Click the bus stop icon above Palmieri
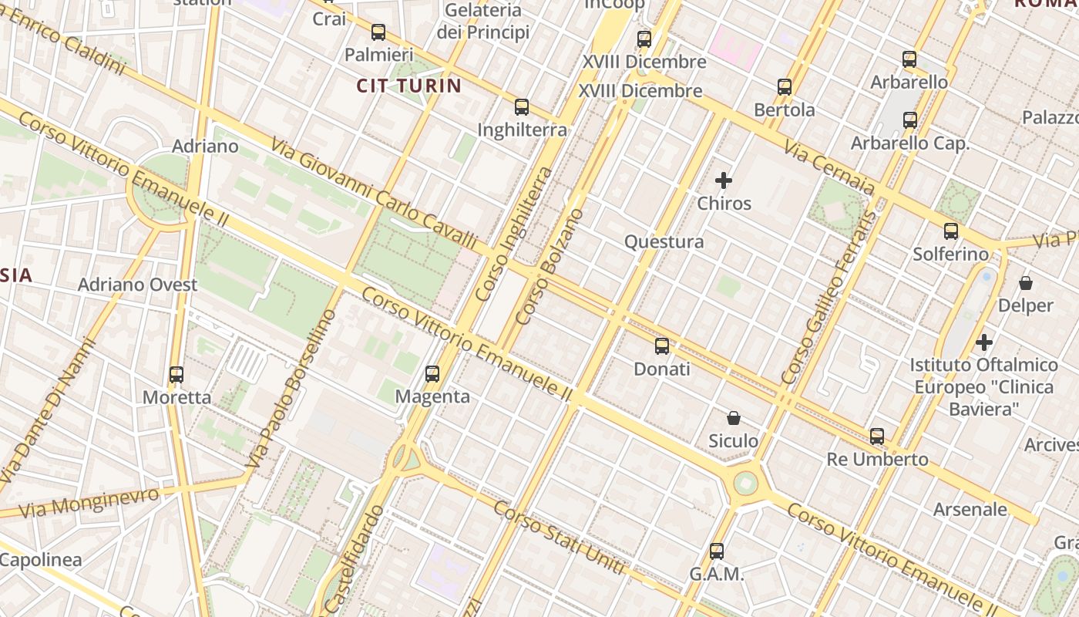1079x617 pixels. [378, 32]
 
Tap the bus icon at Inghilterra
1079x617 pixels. [522, 107]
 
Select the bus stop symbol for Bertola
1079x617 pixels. [785, 87]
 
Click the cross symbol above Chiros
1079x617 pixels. [723, 181]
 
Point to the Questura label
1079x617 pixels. [664, 242]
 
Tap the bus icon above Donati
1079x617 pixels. [662, 346]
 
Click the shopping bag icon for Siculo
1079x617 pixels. [734, 418]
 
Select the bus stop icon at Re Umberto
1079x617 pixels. [877, 437]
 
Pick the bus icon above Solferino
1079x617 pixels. [951, 231]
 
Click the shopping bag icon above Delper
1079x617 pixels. [1026, 283]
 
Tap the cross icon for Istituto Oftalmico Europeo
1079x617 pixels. [984, 342]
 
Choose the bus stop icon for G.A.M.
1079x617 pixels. [717, 551]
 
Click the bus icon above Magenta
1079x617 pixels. [432, 374]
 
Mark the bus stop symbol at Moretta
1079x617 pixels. [176, 375]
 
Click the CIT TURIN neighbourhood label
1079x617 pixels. [408, 86]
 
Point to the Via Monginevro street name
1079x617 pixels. [89, 502]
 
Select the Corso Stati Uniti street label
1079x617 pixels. [558, 538]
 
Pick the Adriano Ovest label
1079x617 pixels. [138, 285]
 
